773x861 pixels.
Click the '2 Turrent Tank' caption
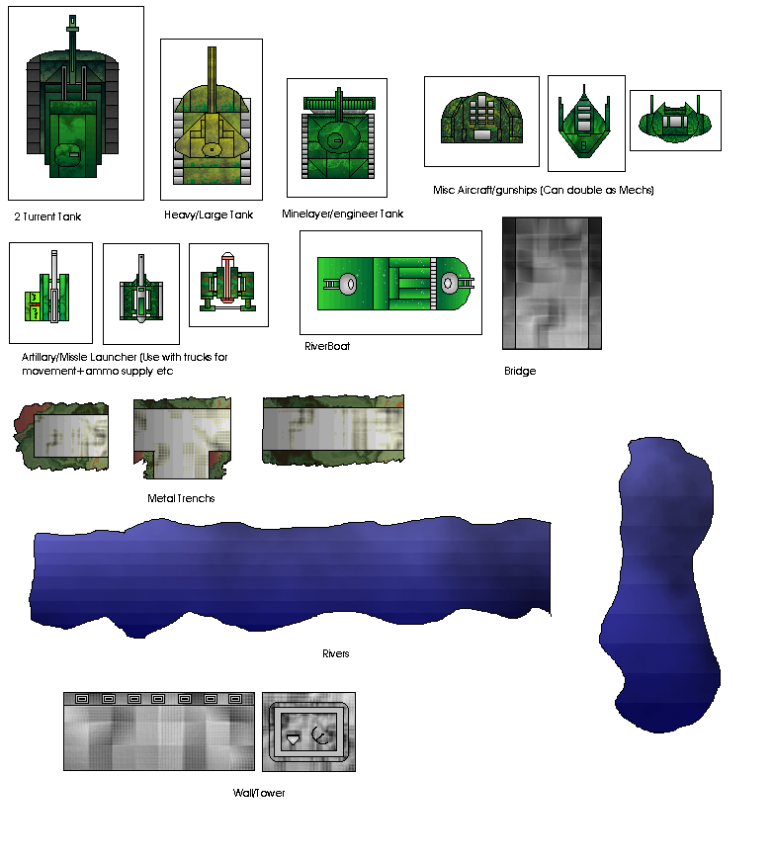pos(47,216)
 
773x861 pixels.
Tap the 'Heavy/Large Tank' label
pos(209,215)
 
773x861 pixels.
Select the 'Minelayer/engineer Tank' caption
pos(343,214)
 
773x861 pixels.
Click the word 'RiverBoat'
pos(327,346)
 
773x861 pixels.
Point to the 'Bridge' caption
pos(520,371)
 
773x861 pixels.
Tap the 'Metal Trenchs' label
pos(181,498)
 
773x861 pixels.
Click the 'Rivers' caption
pos(336,653)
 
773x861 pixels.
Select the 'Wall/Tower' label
pos(259,793)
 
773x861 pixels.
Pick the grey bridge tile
pos(552,284)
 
